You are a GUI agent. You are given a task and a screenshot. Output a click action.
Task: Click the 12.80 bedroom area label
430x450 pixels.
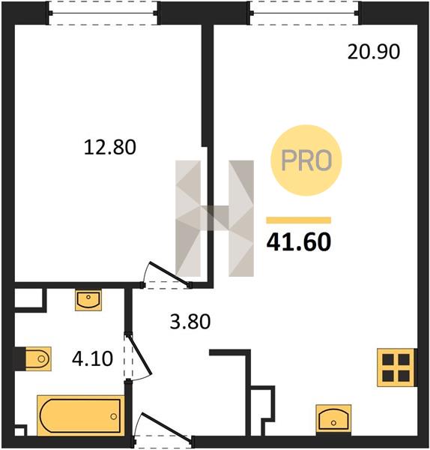pyautogui.click(x=110, y=147)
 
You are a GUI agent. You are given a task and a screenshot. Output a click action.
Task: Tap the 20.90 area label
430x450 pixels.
pyautogui.click(x=374, y=52)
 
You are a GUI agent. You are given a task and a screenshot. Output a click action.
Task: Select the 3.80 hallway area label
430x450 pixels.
pyautogui.click(x=190, y=322)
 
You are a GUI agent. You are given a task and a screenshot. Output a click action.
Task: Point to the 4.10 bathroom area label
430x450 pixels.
pyautogui.click(x=92, y=358)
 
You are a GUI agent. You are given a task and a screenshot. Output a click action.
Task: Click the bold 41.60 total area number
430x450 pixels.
pyautogui.click(x=299, y=241)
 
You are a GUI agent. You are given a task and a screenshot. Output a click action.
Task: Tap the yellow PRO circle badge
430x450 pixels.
pyautogui.click(x=306, y=160)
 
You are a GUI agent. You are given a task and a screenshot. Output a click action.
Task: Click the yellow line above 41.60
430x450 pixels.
pyautogui.click(x=299, y=220)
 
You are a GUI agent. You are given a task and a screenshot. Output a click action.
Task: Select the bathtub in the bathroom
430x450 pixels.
pyautogui.click(x=81, y=415)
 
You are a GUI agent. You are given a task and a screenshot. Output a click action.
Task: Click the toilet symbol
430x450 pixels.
pyautogui.click(x=38, y=358)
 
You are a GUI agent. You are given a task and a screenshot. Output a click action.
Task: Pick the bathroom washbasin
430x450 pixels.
pyautogui.click(x=88, y=300)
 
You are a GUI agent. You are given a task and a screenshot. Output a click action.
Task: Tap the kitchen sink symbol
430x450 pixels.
pyautogui.click(x=333, y=418)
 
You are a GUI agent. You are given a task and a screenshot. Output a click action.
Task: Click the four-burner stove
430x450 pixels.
pyautogui.click(x=396, y=367)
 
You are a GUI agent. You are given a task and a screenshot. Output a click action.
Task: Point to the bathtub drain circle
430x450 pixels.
pyautogui.click(x=114, y=416)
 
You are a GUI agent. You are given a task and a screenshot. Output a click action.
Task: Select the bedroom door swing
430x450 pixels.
pyautogui.click(x=167, y=274)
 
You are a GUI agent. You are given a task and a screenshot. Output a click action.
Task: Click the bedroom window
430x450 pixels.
pyautogui.click(x=103, y=13)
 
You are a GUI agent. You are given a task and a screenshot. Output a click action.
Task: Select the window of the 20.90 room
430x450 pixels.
pyautogui.click(x=304, y=13)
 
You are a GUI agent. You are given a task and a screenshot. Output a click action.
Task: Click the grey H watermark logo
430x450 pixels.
pyautogui.click(x=214, y=218)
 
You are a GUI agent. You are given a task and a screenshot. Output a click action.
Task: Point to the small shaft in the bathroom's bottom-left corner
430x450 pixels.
pyautogui.click(x=20, y=430)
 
